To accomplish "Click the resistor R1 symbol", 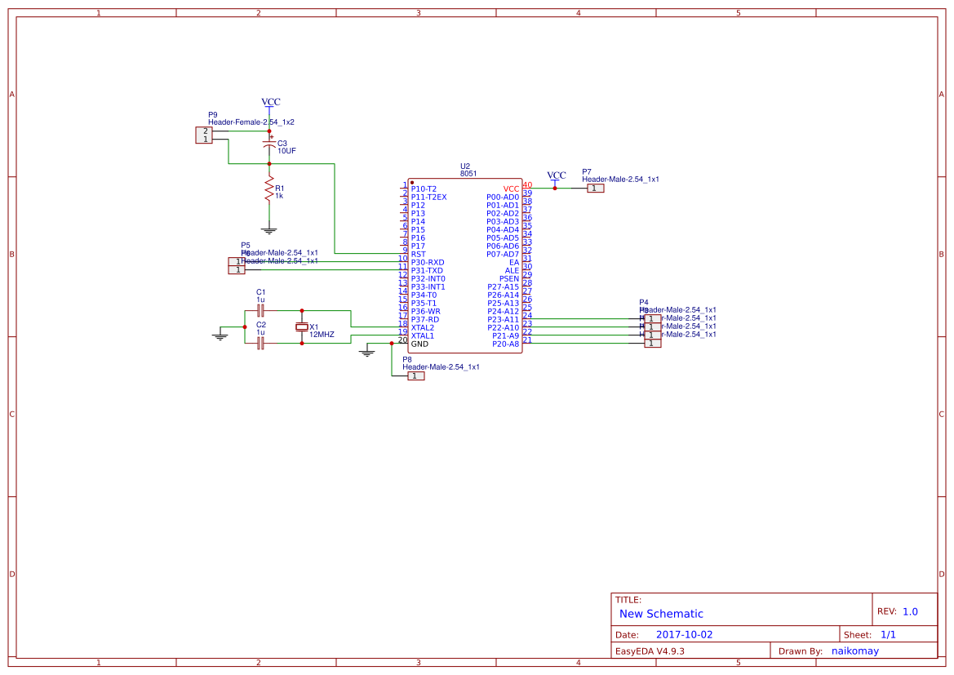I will [268, 190].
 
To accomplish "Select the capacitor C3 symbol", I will [268, 145].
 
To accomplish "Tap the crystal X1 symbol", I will [302, 327].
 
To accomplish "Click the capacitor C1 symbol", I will [260, 311].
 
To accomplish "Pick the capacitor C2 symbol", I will [260, 344].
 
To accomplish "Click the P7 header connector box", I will [596, 188].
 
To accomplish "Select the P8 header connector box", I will [415, 375].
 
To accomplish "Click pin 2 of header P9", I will [206, 131].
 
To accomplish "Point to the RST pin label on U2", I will [418, 254].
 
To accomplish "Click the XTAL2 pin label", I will [422, 327].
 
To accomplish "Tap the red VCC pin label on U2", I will [510, 189].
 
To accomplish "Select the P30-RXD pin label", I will [427, 262].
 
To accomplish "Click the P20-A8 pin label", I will [505, 344].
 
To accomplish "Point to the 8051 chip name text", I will [468, 173].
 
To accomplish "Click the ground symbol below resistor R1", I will [268, 232].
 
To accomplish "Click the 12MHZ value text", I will [322, 335].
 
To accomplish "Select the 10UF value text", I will [287, 151].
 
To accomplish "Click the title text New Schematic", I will [661, 614].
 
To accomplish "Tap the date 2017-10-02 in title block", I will [684, 634].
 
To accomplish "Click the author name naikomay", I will [854, 651].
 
